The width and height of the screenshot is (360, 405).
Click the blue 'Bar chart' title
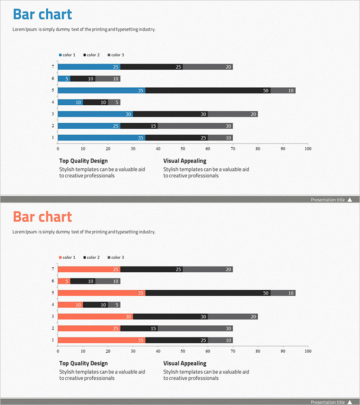pos(42,14)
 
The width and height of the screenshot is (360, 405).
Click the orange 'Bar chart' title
pos(42,217)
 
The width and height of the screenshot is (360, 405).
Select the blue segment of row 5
pos(101,90)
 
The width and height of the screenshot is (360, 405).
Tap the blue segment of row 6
pos(64,79)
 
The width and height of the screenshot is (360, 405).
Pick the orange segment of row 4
pos(70,305)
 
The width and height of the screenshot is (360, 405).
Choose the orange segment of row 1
pos(101,340)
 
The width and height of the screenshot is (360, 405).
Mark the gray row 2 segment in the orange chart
pos(195,328)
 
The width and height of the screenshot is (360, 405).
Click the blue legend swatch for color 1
pos(60,55)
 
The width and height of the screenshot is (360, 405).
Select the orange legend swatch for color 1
pos(60,258)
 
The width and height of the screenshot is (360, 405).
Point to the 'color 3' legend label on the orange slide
pos(117,257)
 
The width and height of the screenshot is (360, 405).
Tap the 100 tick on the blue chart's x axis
pos(307,148)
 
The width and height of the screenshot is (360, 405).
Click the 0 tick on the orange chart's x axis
pos(58,350)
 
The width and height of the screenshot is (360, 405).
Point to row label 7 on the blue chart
pos(53,67)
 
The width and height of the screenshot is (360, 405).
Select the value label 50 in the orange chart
pos(266,293)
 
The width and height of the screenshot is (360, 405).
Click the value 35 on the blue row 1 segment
pos(141,138)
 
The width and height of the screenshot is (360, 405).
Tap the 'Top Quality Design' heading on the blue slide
pos(83,161)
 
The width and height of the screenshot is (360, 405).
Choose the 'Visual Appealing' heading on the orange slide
pos(184,363)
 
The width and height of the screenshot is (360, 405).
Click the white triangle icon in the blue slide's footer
pos(350,199)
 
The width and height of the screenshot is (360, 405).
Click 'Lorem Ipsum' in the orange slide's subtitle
pos(25,232)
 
